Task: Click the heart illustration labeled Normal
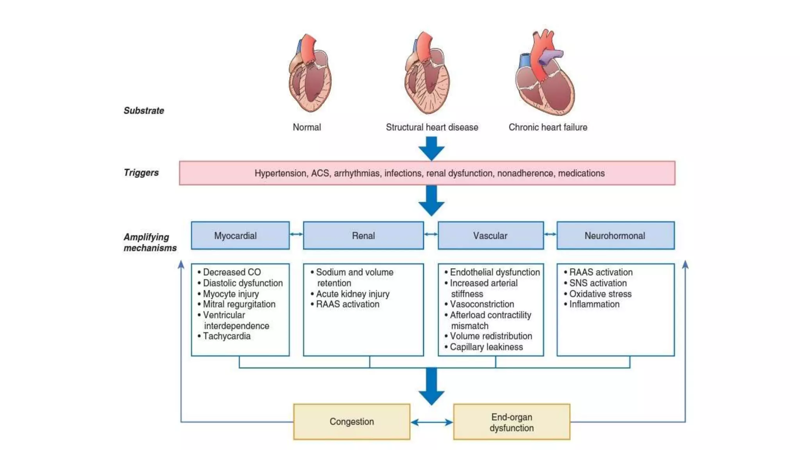coord(310,74)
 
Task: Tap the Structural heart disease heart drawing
coord(427,74)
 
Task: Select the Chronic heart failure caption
coord(548,127)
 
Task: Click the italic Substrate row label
coord(144,111)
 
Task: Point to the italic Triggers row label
coord(141,173)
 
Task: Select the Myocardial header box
coord(240,236)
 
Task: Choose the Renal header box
coord(363,236)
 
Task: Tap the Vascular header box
coord(491,236)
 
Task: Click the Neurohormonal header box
coord(615,236)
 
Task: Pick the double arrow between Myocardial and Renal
coord(296,234)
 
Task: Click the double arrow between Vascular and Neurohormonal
coord(550,234)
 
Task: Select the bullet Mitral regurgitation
coord(239,304)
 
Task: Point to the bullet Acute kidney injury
coord(353,294)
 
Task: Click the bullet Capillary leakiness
coord(486,347)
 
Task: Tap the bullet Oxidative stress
coord(600,294)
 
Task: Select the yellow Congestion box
coord(352,422)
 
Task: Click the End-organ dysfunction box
coord(512,422)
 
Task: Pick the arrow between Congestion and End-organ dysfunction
coord(432,422)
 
